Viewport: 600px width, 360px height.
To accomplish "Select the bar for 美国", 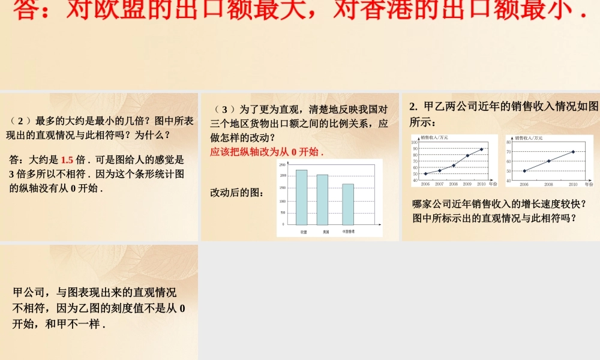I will pyautogui.click(x=322, y=199).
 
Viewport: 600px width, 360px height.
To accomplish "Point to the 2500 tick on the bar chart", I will pyautogui.click(x=283, y=164).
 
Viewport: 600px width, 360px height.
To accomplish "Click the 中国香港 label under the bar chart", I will pyautogui.click(x=348, y=232).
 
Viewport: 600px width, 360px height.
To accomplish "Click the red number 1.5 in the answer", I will pyautogui.click(x=67, y=160).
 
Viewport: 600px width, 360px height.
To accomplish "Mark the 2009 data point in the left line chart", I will pyautogui.click(x=467, y=155).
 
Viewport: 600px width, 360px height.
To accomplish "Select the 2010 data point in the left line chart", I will pyautogui.click(x=481, y=149).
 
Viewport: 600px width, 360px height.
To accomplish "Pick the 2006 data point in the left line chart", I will pyautogui.click(x=425, y=174).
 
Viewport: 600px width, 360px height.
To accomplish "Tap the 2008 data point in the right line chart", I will pyautogui.click(x=548, y=161).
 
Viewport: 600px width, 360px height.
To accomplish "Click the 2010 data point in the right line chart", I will pyautogui.click(x=573, y=152).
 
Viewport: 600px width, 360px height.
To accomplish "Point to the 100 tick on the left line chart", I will pyautogui.click(x=415, y=142).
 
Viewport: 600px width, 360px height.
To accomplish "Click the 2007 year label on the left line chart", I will pyautogui.click(x=439, y=184).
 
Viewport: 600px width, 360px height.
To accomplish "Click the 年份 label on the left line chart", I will pyautogui.click(x=493, y=184).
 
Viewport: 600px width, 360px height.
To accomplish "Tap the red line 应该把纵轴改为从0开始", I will pyautogui.click(x=266, y=152).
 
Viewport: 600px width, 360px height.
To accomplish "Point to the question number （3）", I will pyautogui.click(x=220, y=110).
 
